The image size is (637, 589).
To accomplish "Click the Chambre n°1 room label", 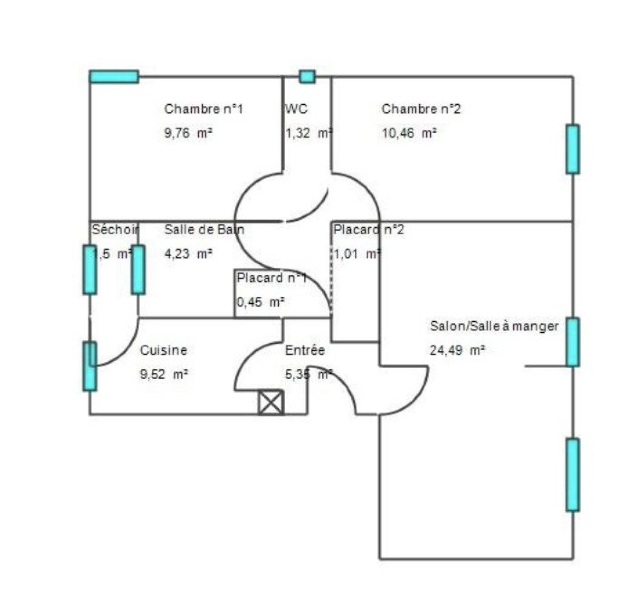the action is [x=203, y=109].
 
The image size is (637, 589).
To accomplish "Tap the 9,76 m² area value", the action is [x=188, y=133].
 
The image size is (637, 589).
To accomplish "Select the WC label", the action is [x=296, y=109].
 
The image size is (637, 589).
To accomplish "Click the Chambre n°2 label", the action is [x=421, y=109].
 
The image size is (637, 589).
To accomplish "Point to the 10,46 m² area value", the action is [x=409, y=133].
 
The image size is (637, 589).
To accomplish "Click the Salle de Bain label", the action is [x=204, y=230].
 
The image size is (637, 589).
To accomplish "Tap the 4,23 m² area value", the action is [x=188, y=254].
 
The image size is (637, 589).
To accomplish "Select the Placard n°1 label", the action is [x=271, y=278].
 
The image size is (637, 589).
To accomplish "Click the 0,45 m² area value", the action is [x=260, y=302].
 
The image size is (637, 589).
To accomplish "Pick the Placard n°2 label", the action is [x=369, y=230].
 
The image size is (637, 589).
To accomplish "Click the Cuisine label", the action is [x=164, y=350].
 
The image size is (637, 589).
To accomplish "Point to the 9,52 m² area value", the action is [x=164, y=375].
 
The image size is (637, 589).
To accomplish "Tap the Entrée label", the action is [x=305, y=350].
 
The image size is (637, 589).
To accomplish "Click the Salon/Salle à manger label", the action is [x=494, y=326].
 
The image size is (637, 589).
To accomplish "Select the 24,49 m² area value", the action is [x=458, y=350].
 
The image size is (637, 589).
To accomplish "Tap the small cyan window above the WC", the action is [x=307, y=77].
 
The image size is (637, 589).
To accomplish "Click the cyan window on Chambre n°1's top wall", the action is [x=114, y=77].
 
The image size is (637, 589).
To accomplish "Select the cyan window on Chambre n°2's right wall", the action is [x=573, y=149].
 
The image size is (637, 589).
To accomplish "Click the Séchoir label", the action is [x=115, y=230].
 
